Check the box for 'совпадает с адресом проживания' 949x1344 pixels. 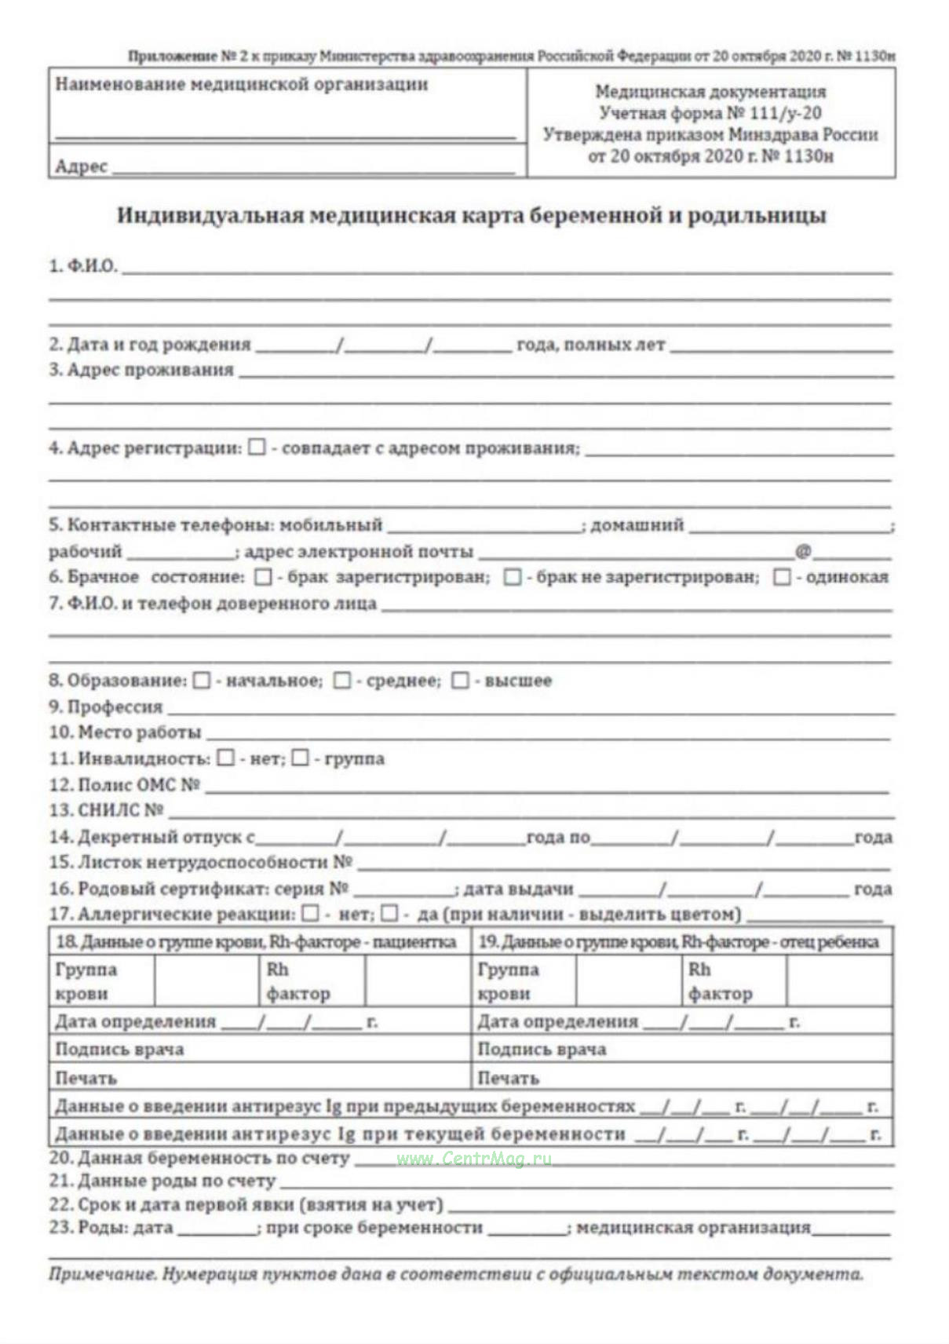tap(257, 447)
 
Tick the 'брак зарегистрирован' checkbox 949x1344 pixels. tap(264, 577)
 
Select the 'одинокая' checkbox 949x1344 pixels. tap(782, 577)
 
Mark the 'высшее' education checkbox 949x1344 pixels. tap(461, 681)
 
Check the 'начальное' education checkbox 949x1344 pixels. tap(202, 681)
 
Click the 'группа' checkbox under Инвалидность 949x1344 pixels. tap(300, 758)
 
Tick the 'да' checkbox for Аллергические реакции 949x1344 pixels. tap(389, 914)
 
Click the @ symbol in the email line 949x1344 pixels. tap(803, 551)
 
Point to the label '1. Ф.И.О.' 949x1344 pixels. tap(82, 266)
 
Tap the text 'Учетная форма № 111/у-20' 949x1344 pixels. tap(710, 113)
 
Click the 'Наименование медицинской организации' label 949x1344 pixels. tap(242, 85)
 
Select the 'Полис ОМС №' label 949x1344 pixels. tap(124, 784)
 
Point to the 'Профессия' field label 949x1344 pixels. tap(106, 707)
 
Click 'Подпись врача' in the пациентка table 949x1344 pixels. tap(119, 1050)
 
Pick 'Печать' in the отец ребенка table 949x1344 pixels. tap(508, 1078)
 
